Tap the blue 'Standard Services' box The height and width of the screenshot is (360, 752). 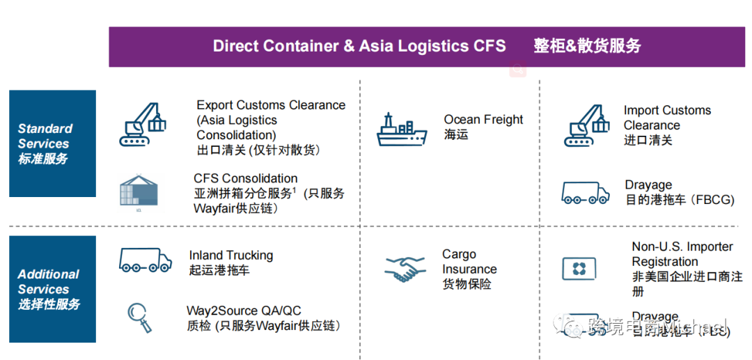pos(52,143)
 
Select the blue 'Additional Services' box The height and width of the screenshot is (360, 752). pos(52,289)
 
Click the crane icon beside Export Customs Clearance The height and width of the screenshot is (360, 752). pos(143,124)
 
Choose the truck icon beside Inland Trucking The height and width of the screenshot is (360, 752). pos(145,260)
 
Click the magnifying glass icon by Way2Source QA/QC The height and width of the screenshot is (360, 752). pos(139,317)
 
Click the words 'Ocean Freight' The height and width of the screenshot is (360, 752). pos(483,120)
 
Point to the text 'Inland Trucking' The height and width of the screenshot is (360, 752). pos(230,256)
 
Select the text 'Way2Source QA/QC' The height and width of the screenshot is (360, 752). pos(244,311)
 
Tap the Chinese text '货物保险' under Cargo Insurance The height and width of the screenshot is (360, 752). pos(467,284)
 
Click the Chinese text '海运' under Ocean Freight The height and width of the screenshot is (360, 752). pos(456,135)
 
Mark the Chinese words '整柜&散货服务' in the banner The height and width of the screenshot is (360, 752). pos(587,47)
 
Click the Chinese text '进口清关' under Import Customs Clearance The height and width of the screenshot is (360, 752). pos(648,141)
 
